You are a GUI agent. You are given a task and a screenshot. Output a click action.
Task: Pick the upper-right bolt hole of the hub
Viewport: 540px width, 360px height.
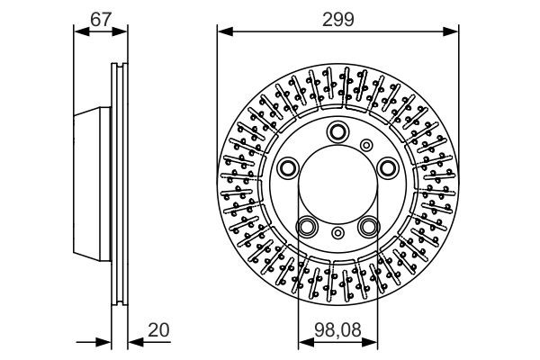386,166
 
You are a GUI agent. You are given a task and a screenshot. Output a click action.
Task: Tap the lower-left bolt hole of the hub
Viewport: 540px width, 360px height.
308,225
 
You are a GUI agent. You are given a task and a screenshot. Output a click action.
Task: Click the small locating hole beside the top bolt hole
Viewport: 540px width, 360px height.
365,144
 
